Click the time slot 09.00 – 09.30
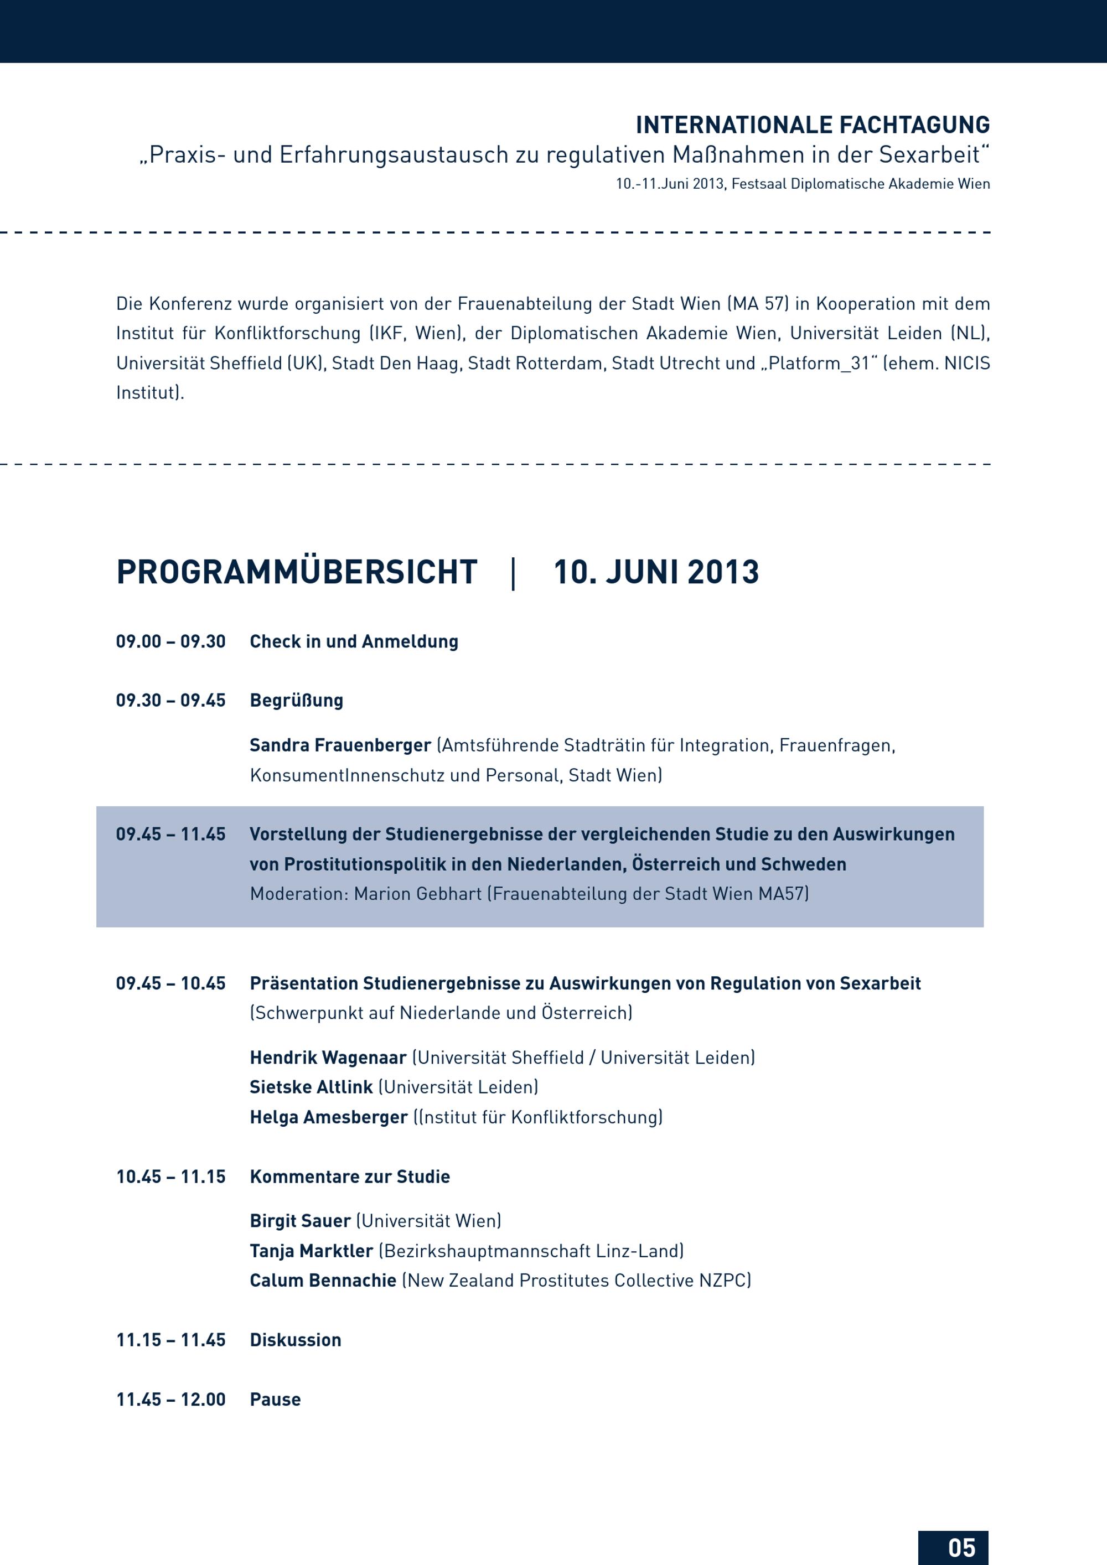[x=170, y=641]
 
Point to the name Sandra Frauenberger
[x=340, y=745]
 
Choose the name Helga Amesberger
[x=329, y=1117]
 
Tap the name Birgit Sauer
[x=300, y=1220]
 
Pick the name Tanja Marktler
[x=311, y=1251]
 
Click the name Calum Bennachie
[x=323, y=1280]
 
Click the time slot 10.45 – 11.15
[x=170, y=1177]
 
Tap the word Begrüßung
[x=297, y=700]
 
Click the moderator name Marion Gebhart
[x=418, y=893]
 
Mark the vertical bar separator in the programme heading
[x=513, y=573]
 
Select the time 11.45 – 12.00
[x=170, y=1400]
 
